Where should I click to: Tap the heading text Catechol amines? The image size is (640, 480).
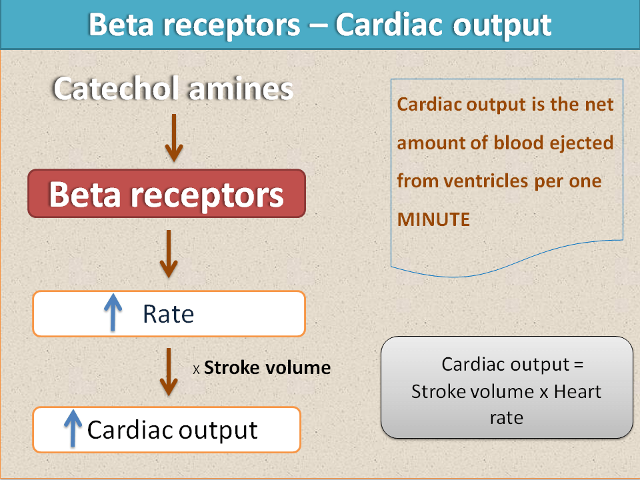173,88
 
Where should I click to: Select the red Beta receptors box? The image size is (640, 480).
167,193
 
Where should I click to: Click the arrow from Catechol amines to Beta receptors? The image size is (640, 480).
174,137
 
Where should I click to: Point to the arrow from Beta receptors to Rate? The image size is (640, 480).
169,254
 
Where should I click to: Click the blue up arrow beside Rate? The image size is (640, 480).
113,312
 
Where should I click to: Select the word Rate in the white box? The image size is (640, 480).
168,314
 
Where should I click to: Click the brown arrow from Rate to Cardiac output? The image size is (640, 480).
169,372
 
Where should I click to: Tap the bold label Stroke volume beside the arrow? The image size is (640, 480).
267,368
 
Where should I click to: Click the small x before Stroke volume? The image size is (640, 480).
196,370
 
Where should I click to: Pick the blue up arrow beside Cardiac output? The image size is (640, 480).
73,428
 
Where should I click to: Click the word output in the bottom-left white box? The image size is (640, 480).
218,431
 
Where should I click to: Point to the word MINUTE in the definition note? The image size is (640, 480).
433,219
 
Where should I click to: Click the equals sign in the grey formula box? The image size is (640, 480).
579,365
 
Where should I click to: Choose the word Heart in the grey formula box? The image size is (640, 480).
577,391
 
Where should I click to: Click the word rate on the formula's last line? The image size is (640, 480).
507,418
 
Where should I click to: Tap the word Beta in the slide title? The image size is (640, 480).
121,25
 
